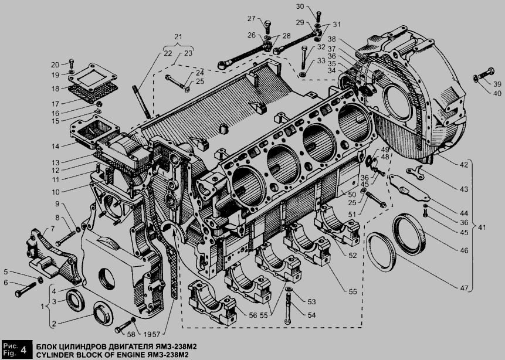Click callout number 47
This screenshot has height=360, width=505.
[464, 288]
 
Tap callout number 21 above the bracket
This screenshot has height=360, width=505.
[178, 36]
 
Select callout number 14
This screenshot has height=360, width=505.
[55, 146]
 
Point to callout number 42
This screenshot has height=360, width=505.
[464, 165]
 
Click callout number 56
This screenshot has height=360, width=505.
[253, 315]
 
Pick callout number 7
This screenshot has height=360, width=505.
[53, 229]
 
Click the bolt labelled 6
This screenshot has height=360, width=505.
[26, 290]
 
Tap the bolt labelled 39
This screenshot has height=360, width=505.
[484, 74]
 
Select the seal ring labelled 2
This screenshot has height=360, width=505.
[103, 313]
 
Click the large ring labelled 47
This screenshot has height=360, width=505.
[382, 252]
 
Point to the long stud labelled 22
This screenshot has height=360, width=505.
[141, 101]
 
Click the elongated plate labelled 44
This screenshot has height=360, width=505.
[409, 188]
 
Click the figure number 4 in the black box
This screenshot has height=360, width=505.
[23, 349]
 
